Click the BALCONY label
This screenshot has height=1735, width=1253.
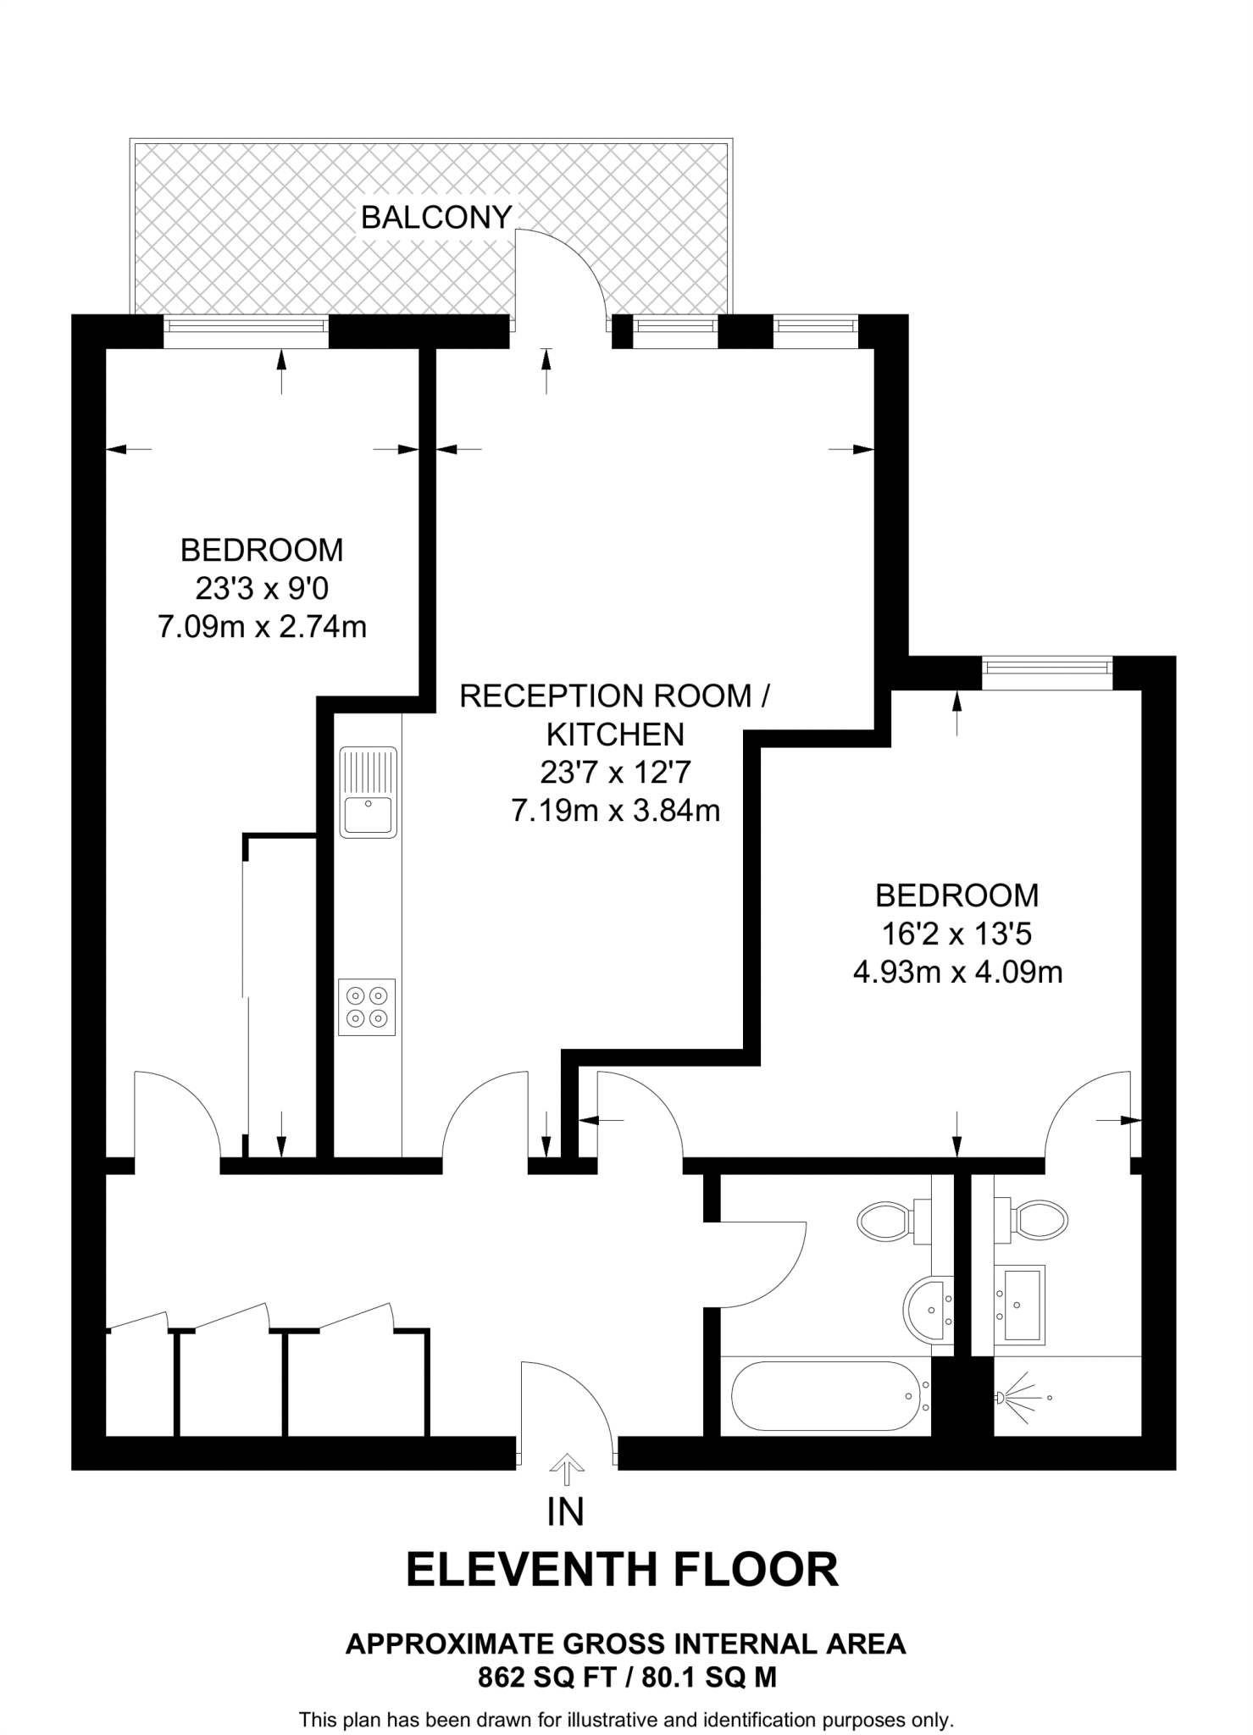[x=436, y=218]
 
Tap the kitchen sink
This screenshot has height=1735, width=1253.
[x=368, y=792]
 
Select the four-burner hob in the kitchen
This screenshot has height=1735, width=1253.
[x=367, y=1006]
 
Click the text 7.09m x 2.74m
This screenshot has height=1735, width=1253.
[x=262, y=627]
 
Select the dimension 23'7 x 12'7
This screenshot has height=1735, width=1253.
[x=616, y=772]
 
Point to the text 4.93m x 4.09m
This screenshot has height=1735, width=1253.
[x=957, y=972]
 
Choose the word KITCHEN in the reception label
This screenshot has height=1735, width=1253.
[x=616, y=734]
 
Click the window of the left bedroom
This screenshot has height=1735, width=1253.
[x=246, y=331]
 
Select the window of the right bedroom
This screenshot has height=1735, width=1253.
[x=1047, y=667]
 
